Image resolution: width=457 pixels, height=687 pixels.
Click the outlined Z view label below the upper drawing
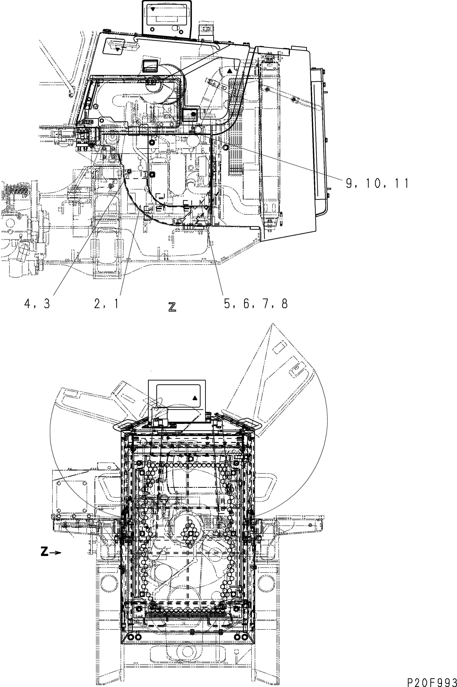click(172, 307)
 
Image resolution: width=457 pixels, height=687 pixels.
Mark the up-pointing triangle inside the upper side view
click(230, 71)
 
